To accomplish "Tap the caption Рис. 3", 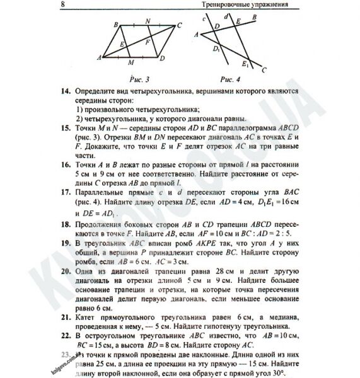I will [139, 80].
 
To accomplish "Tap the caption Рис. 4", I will [224, 80].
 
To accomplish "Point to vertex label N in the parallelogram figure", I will [148, 21].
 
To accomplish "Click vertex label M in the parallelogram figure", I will [130, 63].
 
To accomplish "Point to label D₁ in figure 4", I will [216, 47].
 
